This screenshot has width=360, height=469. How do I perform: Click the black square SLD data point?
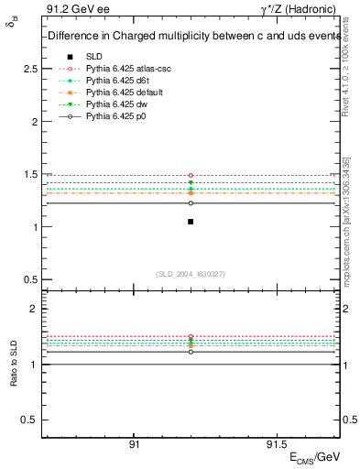(x=191, y=222)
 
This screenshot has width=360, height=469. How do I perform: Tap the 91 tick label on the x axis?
(x=134, y=443)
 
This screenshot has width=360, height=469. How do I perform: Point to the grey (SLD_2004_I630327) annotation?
(x=191, y=274)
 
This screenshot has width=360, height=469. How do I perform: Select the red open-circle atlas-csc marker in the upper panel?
(x=191, y=175)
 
